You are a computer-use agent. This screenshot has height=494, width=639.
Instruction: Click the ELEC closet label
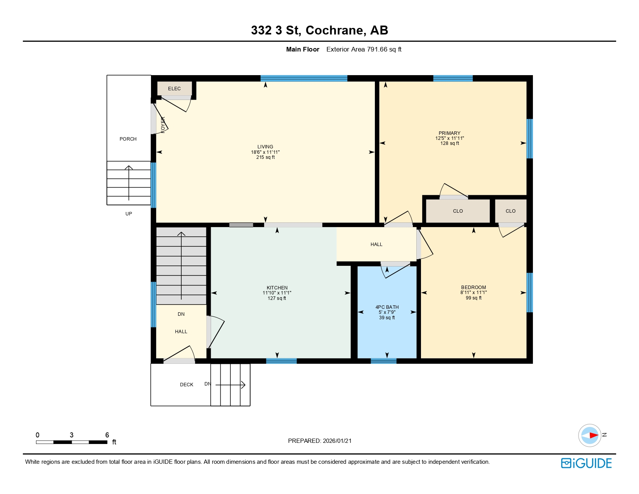pos(174,89)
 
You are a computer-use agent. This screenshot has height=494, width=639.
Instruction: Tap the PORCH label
pos(128,139)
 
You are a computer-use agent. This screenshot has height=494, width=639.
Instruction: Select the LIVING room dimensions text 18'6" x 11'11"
pos(265,152)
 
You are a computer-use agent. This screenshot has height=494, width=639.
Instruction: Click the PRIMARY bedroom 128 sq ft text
pos(450,143)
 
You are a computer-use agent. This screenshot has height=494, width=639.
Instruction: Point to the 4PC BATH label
pos(387,307)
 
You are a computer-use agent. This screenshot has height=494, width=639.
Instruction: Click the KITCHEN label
pos(277,288)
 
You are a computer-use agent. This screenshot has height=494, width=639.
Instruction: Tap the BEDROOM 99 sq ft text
pos(474,298)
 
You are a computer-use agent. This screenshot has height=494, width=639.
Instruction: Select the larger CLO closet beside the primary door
pos(458,211)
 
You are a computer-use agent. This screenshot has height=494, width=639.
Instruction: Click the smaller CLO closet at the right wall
pos(510,211)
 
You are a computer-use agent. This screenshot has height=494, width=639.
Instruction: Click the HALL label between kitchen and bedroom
pos(376,244)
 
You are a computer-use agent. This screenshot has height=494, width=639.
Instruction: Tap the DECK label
pos(187,385)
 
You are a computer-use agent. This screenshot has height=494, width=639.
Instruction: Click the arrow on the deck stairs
pos(231,385)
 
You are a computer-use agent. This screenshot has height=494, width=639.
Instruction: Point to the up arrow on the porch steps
pos(129,182)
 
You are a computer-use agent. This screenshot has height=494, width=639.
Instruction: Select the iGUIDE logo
pos(586,463)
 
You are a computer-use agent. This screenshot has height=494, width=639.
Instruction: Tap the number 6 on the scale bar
pos(107,435)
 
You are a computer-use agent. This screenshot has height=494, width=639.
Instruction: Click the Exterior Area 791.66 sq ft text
pos(364,49)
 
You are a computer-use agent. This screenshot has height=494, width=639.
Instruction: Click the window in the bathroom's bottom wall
pos(383,361)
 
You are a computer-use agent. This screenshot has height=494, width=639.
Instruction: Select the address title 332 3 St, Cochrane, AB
pos(319,30)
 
